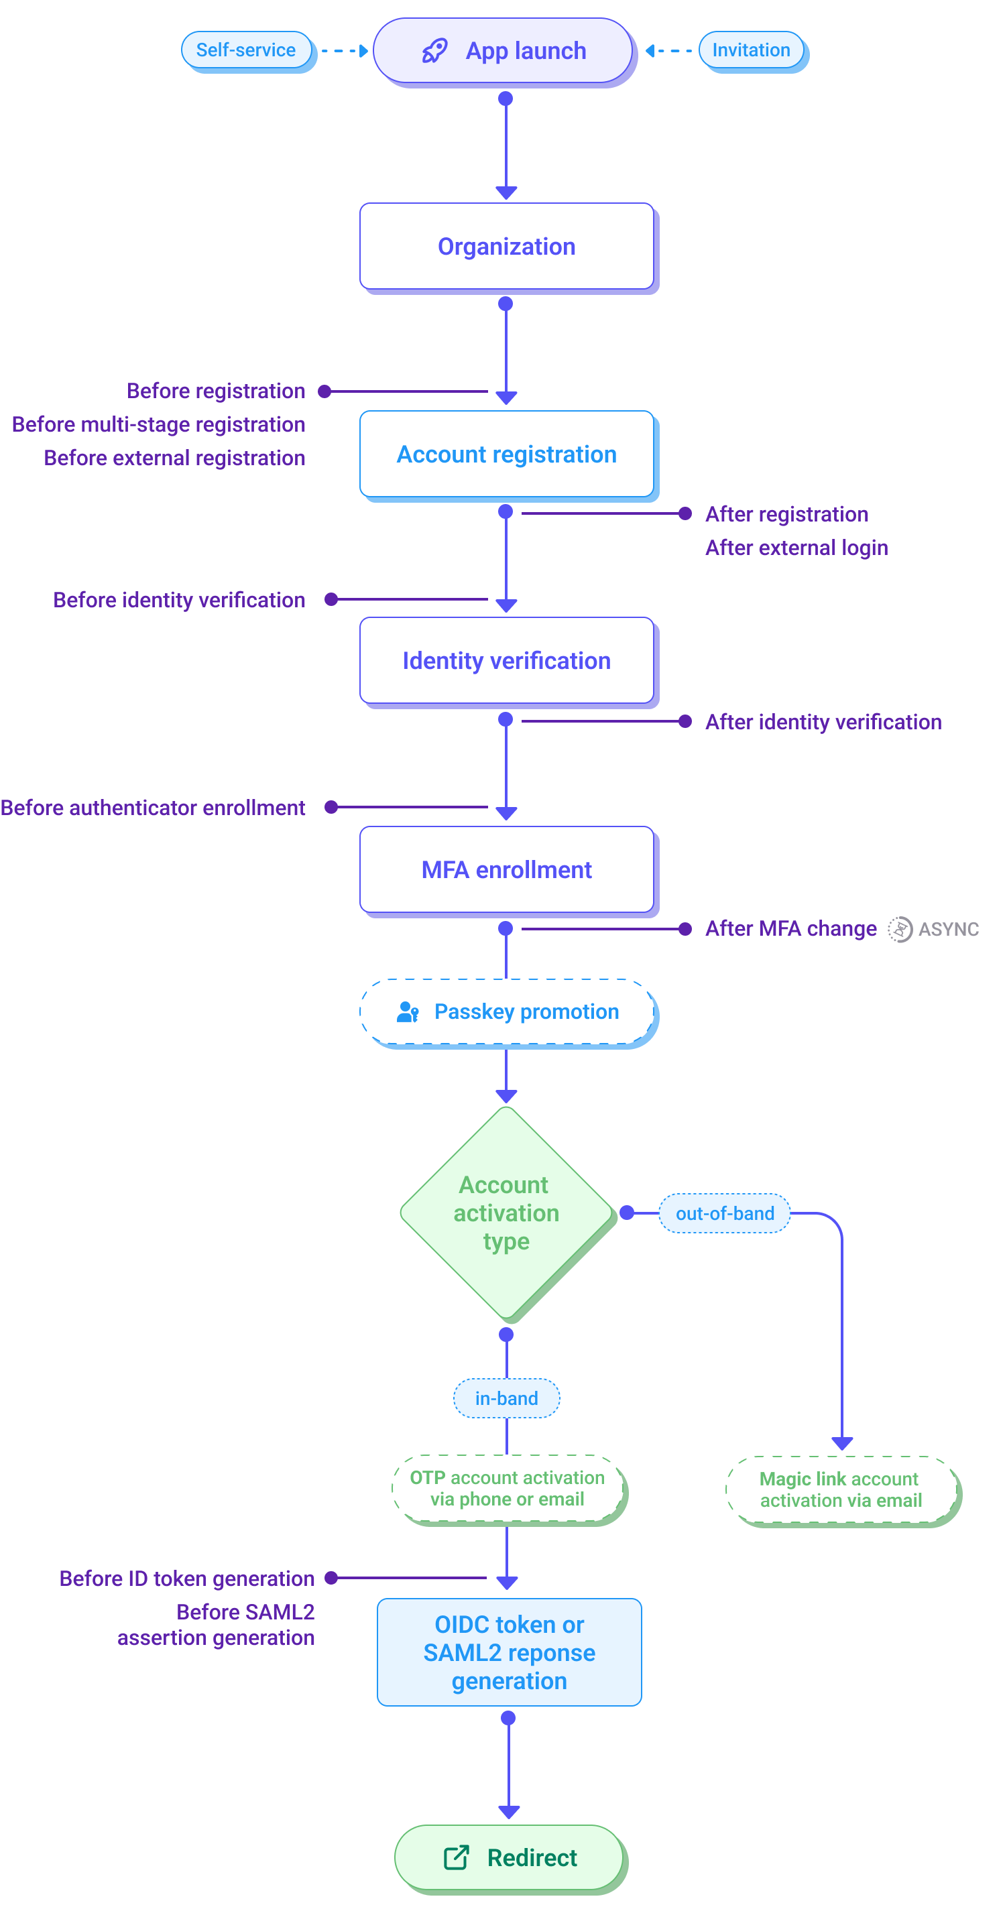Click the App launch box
click(x=504, y=50)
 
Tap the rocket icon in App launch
click(x=435, y=50)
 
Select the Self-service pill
click(x=246, y=50)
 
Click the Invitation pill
click(x=751, y=50)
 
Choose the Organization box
click(x=506, y=246)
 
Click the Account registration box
click(x=506, y=454)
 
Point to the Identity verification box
click(x=506, y=660)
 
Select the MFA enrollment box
click(x=506, y=869)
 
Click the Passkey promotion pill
click(x=508, y=1011)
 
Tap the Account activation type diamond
click(x=506, y=1213)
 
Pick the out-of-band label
click(x=724, y=1213)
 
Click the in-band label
click(x=506, y=1398)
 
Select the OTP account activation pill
click(x=508, y=1488)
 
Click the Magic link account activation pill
click(x=841, y=1489)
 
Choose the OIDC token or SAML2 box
click(x=510, y=1652)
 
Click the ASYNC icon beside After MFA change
click(x=900, y=928)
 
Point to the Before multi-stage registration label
click(x=159, y=425)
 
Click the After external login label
click(x=796, y=548)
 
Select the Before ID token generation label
click(x=187, y=1579)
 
